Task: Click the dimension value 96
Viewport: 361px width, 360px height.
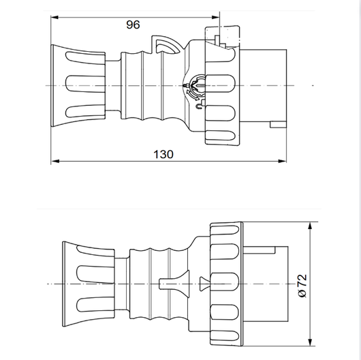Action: (133, 25)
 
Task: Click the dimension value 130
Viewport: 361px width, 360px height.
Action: (163, 154)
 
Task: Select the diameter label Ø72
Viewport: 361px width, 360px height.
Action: (302, 286)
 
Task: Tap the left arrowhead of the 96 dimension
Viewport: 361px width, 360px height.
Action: (54, 17)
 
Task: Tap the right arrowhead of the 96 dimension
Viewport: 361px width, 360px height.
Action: (216, 17)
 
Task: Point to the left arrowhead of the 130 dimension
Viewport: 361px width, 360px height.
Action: (54, 161)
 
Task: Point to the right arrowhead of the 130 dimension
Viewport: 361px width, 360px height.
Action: (283, 161)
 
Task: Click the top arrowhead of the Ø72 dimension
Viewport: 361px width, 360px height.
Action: (310, 226)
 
